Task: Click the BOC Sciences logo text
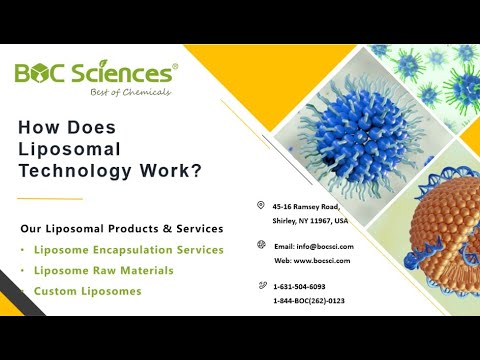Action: [x=96, y=73]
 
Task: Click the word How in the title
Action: [x=42, y=128]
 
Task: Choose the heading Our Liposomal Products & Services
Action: [x=121, y=228]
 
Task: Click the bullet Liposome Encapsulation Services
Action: [x=127, y=250]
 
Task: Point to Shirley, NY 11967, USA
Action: [x=310, y=220]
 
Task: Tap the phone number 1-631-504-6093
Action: [x=304, y=287]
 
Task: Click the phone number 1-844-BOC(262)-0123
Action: [x=315, y=300]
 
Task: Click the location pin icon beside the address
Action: [x=260, y=205]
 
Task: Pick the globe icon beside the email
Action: [x=260, y=245]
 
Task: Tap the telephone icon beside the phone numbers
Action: [x=260, y=286]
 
